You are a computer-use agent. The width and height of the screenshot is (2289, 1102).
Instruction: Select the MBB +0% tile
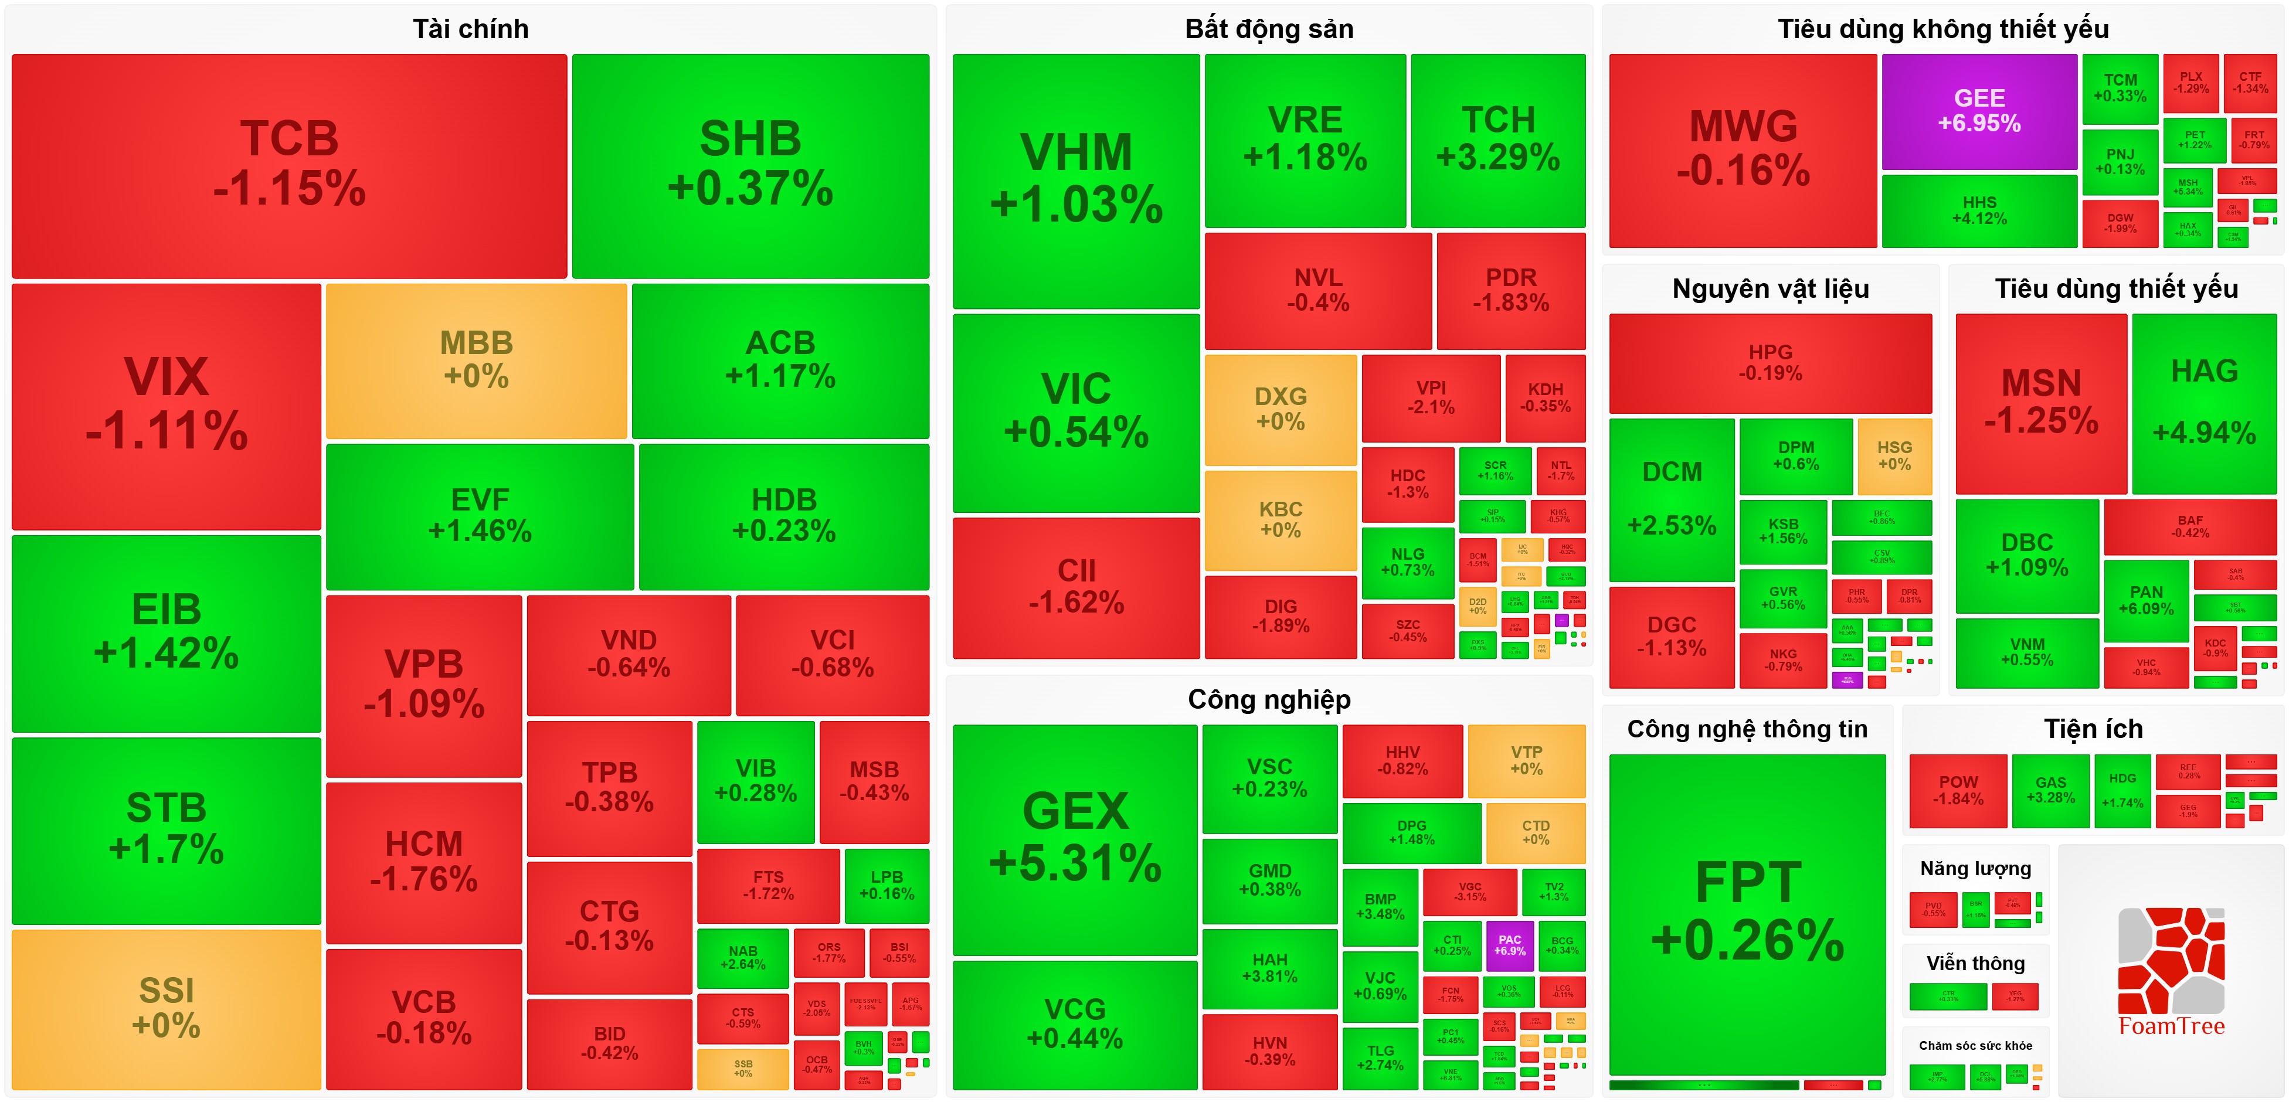point(476,360)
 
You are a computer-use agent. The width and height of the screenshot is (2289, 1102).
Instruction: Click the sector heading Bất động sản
point(1268,29)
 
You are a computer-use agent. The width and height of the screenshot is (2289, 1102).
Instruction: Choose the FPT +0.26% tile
point(1747,911)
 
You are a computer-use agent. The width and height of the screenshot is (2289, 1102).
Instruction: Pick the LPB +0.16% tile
point(886,885)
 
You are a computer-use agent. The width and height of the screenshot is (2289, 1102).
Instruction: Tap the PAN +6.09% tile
point(2146,600)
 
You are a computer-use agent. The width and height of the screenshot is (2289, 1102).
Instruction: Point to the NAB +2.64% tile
point(743,958)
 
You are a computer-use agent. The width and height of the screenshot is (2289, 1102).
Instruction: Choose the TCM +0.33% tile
point(2120,88)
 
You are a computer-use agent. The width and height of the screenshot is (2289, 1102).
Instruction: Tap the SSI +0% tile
point(166,1008)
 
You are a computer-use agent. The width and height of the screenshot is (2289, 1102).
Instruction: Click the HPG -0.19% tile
point(1770,363)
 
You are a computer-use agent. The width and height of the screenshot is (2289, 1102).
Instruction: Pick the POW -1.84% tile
point(1958,790)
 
